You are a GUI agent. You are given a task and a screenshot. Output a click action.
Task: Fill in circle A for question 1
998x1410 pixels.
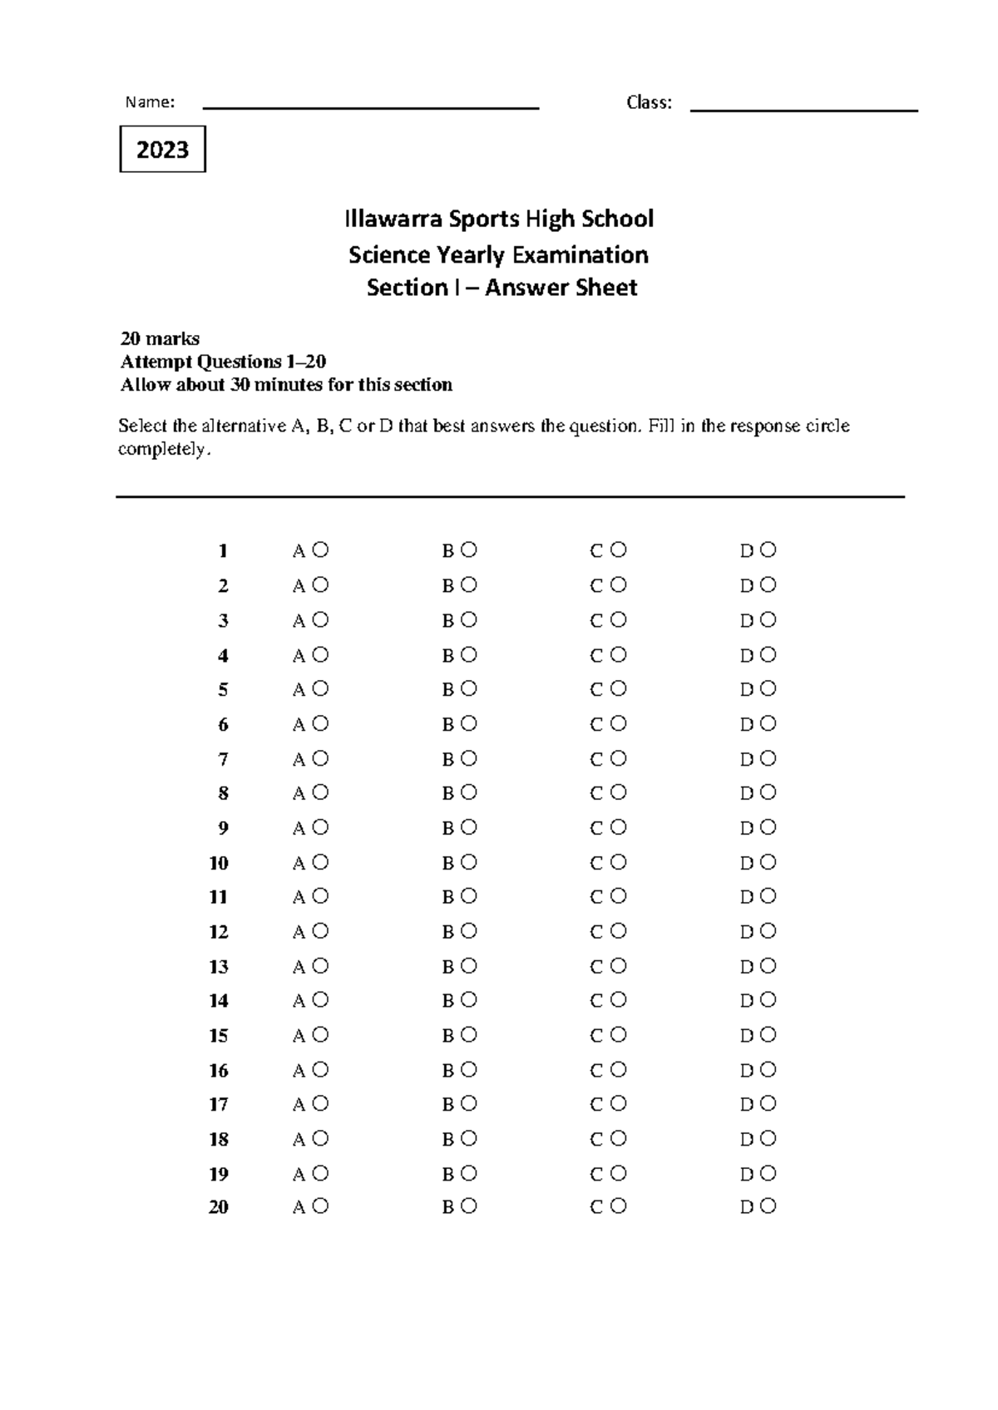(x=321, y=550)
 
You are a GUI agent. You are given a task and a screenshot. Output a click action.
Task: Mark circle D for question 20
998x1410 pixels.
(x=768, y=1205)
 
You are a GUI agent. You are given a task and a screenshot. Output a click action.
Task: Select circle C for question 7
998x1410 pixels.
(x=618, y=758)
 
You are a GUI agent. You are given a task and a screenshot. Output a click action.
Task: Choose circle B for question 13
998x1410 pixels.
(x=469, y=966)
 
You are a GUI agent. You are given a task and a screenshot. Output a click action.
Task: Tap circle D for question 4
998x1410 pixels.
(x=768, y=654)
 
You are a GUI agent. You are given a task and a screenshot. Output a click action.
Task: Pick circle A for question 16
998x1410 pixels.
(x=321, y=1069)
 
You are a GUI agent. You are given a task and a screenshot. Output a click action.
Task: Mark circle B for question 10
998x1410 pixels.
(x=469, y=862)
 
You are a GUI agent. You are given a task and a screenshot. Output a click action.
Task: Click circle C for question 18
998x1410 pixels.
(x=618, y=1138)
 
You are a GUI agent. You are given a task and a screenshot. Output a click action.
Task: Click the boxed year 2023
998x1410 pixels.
(x=162, y=150)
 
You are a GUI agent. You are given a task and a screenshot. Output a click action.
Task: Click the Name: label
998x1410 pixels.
(x=150, y=102)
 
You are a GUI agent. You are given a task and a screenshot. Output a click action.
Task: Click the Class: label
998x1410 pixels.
(x=649, y=102)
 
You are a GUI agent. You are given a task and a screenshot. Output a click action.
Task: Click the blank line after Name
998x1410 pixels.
(x=371, y=107)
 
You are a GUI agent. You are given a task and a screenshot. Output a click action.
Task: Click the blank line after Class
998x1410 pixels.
(x=803, y=110)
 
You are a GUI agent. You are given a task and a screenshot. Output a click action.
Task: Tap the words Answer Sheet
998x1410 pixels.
(x=561, y=288)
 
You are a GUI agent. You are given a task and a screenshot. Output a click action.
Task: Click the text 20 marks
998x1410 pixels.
(x=160, y=338)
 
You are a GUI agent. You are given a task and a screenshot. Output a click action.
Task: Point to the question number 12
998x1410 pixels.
(x=219, y=932)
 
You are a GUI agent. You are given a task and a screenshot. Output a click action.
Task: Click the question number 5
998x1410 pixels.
(x=223, y=690)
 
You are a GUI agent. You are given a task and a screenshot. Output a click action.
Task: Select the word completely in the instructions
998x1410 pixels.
(x=164, y=450)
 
